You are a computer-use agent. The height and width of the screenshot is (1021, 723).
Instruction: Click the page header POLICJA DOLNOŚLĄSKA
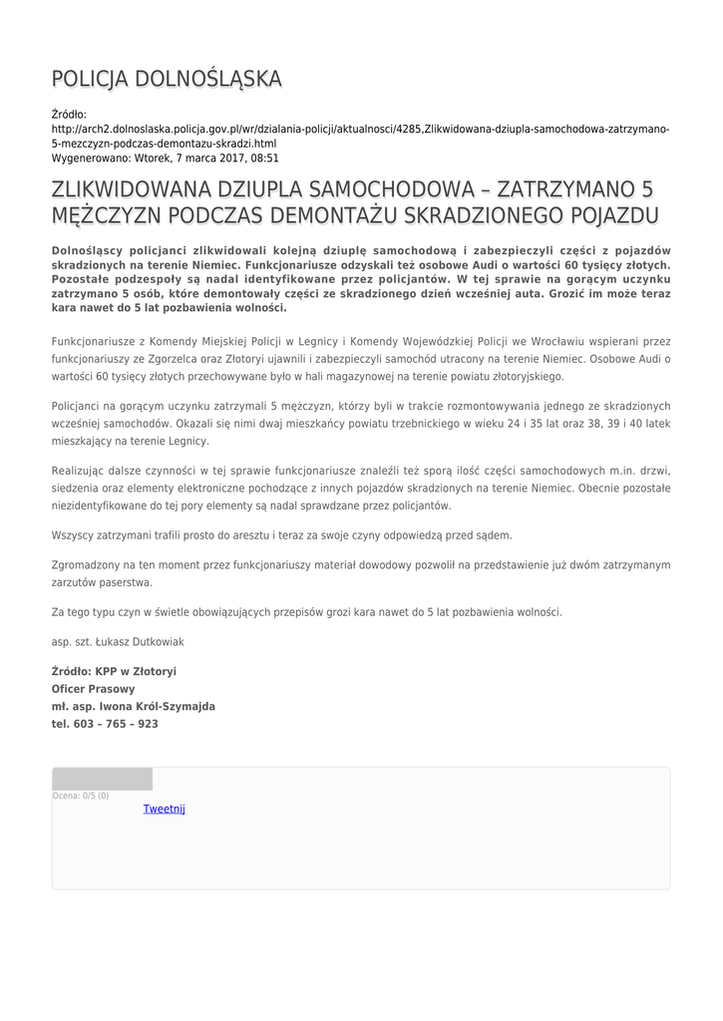click(167, 79)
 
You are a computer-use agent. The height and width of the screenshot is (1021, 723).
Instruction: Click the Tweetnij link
click(165, 809)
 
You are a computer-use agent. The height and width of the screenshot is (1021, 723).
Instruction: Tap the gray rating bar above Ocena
click(102, 779)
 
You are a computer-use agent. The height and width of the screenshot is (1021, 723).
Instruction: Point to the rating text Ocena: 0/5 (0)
click(81, 796)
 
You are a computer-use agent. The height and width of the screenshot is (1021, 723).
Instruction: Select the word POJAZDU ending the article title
click(609, 215)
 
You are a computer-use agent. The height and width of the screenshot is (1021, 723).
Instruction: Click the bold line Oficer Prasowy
click(93, 688)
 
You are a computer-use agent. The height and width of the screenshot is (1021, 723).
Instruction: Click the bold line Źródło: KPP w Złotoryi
click(114, 671)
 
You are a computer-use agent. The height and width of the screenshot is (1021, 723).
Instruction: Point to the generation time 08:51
click(264, 158)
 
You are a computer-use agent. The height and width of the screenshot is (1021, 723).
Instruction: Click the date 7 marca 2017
click(209, 158)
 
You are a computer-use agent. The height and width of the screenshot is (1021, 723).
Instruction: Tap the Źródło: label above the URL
click(69, 116)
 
